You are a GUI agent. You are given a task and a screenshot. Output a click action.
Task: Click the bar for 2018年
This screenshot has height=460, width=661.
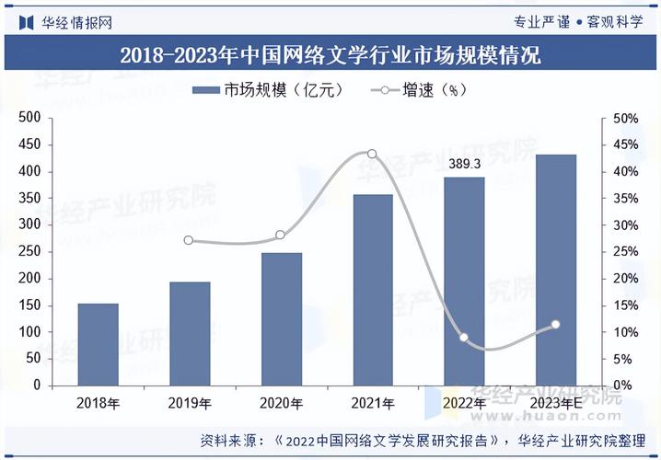coord(98,344)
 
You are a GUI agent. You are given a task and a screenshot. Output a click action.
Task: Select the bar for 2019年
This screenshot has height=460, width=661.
coord(190,333)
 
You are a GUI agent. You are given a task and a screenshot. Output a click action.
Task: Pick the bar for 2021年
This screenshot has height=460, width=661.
coord(373,290)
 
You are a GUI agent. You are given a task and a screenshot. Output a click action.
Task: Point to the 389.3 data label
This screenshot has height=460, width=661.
coord(464,164)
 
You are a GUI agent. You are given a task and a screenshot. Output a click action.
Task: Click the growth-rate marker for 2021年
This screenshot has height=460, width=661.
coord(372,154)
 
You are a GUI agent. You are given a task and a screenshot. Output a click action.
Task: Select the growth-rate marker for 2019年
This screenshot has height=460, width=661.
coord(189,240)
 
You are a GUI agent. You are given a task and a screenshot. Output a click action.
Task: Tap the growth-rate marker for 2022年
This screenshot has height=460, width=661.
coord(464,338)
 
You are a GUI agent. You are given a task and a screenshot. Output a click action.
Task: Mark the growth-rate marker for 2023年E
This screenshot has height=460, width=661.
coord(555,324)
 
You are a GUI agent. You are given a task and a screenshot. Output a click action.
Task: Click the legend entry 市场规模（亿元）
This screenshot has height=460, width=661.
coord(268,90)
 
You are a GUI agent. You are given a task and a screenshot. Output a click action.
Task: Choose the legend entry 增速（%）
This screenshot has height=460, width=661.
coord(419,90)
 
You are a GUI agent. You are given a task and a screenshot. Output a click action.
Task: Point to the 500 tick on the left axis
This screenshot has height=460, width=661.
coord(30,118)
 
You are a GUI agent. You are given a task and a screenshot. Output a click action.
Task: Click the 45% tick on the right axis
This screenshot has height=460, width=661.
coord(625,145)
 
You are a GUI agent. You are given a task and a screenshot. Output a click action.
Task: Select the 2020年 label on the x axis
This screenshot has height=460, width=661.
coord(281,403)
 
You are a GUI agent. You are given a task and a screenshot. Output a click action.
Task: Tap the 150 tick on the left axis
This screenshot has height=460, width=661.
coord(30,305)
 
